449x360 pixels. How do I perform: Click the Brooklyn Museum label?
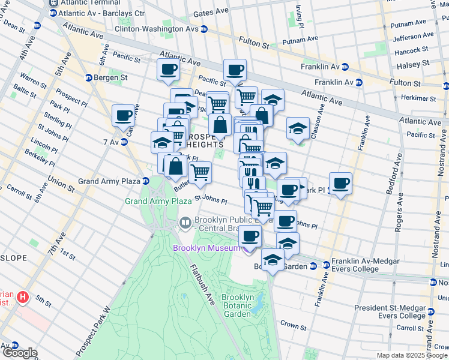coord(206,248)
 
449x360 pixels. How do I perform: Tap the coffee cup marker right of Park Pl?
coord(341,183)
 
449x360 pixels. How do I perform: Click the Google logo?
coord(19,353)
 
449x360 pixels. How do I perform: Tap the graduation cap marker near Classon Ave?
coord(298,128)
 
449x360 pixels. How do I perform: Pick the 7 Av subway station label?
coord(111,142)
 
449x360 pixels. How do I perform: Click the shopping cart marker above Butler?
coord(200,172)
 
